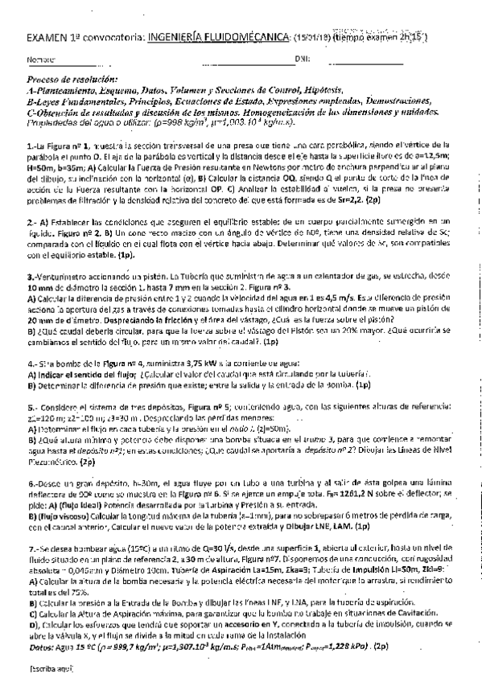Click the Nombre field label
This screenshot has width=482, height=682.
click(x=41, y=60)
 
